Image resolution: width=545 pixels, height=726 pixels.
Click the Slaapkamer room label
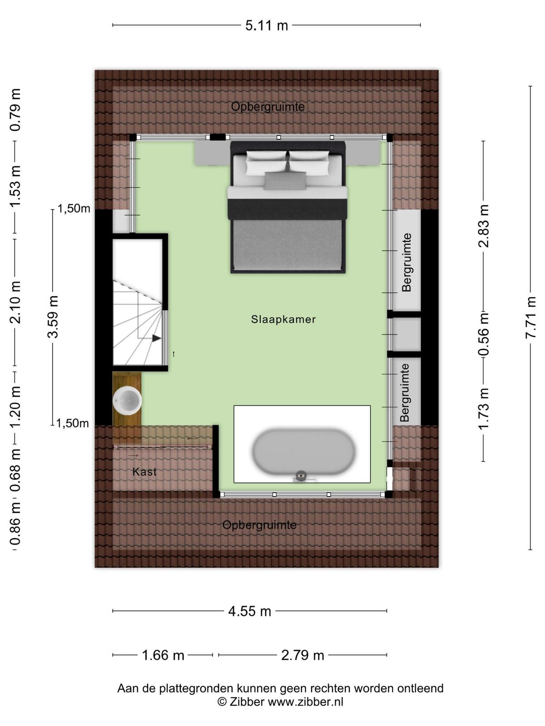[283, 319]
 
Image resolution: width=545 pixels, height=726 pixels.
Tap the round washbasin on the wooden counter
[127, 401]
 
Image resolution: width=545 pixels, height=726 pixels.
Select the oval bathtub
[303, 452]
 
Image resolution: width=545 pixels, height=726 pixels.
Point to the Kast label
[144, 471]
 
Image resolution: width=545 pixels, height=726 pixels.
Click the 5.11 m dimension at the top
[267, 25]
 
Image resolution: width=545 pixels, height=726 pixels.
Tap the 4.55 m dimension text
[249, 612]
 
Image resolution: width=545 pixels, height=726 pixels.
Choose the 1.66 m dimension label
[163, 655]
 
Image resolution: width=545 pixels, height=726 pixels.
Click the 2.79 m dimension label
[302, 655]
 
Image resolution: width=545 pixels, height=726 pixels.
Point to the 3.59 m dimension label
[53, 317]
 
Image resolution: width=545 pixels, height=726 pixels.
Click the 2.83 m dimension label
[483, 226]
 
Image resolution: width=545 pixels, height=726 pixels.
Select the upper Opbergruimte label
[268, 107]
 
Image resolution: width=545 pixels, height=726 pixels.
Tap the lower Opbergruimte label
[259, 525]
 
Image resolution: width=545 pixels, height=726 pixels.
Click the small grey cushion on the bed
[285, 181]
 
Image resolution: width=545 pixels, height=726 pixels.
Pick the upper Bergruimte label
[406, 263]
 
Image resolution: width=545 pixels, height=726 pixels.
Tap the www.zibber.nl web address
[305, 701]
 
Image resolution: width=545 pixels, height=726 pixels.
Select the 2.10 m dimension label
[15, 302]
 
